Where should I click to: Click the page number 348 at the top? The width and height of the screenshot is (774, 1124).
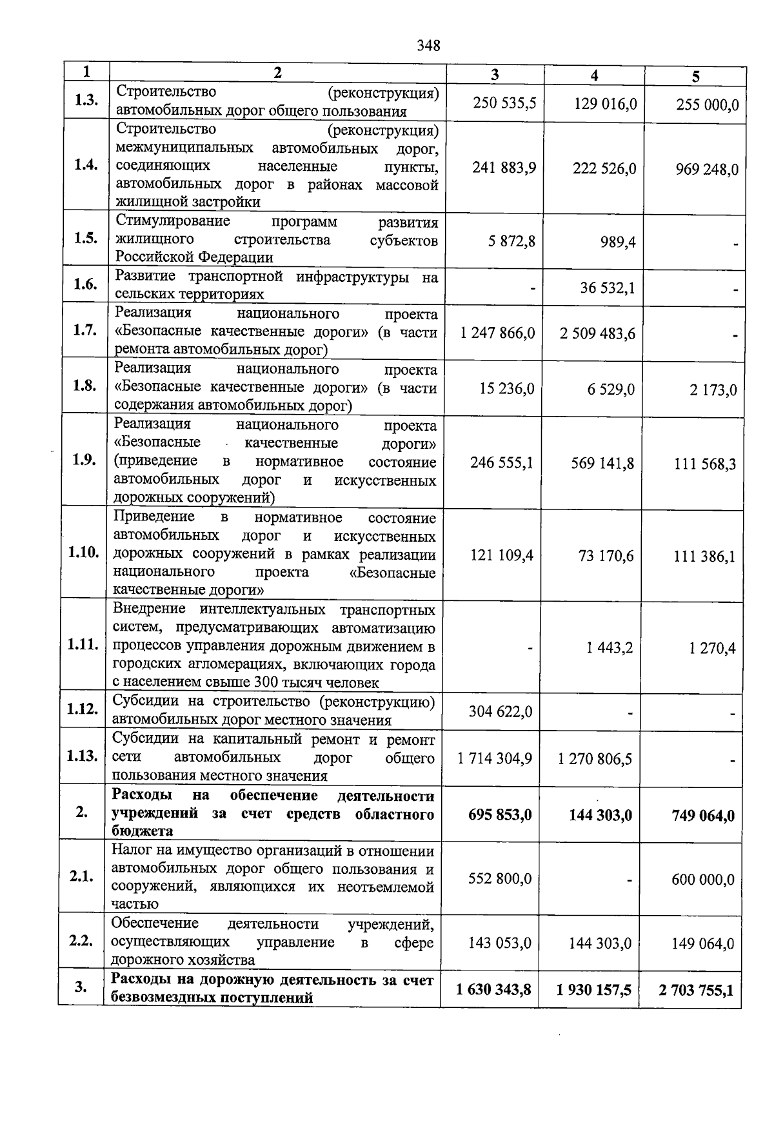428,45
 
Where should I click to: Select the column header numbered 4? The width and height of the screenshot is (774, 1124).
594,75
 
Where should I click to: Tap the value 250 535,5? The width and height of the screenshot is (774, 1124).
504,103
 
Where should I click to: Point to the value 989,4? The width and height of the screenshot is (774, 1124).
617,242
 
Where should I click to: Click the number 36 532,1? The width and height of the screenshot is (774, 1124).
608,288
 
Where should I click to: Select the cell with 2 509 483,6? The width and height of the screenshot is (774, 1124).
597,333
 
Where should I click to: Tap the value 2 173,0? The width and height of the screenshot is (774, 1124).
714,390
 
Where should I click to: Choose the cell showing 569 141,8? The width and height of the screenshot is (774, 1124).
602,463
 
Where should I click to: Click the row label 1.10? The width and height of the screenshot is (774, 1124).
83,553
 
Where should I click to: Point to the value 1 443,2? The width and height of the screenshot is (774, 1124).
610,647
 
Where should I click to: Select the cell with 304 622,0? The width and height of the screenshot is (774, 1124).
501,711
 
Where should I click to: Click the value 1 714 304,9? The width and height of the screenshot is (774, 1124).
495,758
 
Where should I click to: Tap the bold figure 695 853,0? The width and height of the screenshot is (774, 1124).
500,815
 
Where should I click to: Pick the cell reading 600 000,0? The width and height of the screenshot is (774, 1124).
702,879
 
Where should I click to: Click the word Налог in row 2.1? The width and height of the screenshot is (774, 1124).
132,851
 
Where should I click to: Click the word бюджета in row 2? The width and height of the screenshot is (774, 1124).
137,832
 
